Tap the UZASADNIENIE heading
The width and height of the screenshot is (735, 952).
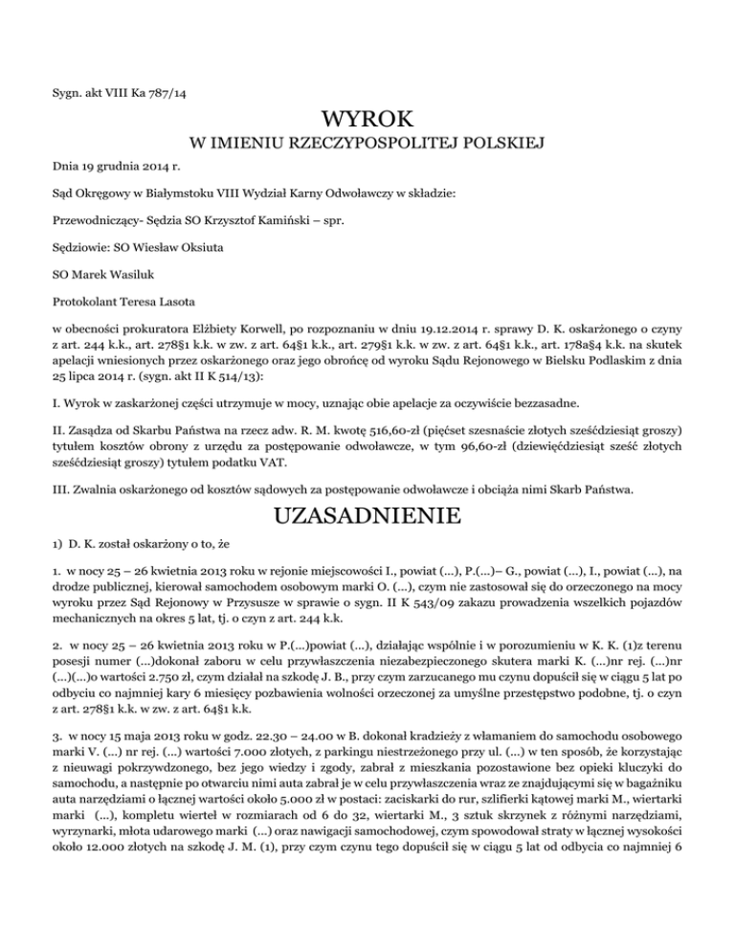click(367, 518)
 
